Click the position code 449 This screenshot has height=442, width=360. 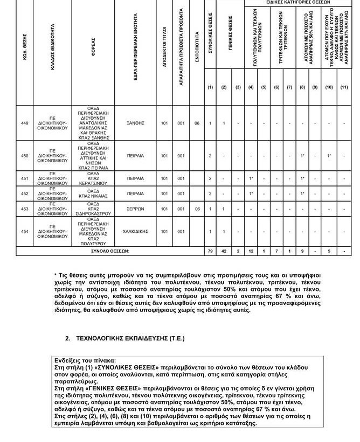click(x=24, y=123)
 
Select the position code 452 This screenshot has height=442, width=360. click(x=24, y=194)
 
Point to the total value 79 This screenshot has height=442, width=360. click(x=210, y=251)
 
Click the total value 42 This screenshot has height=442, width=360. click(x=224, y=251)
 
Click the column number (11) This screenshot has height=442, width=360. click(x=344, y=87)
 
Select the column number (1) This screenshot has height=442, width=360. click(x=210, y=87)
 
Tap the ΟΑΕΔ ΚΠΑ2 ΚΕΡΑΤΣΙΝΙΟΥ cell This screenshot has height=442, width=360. click(x=93, y=178)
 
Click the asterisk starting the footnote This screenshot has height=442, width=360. click(x=56, y=275)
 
